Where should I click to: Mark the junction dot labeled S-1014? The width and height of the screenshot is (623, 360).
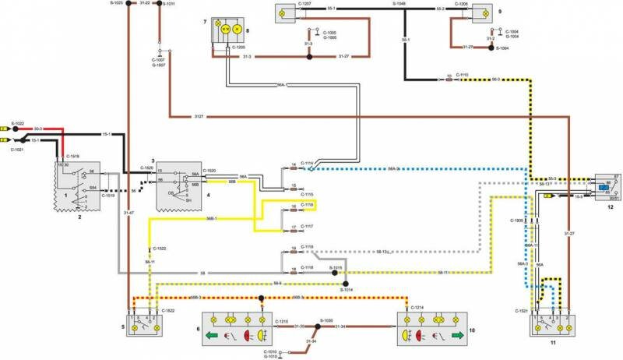pos(347,284)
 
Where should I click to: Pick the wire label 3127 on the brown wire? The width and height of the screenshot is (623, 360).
pos(199,117)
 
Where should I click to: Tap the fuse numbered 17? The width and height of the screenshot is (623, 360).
pos(293,228)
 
